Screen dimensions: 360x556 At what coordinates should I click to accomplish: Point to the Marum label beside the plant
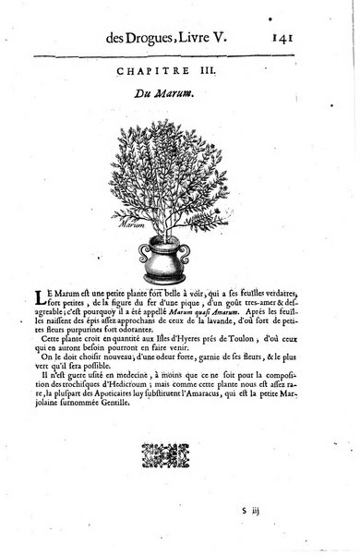[135, 223]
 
